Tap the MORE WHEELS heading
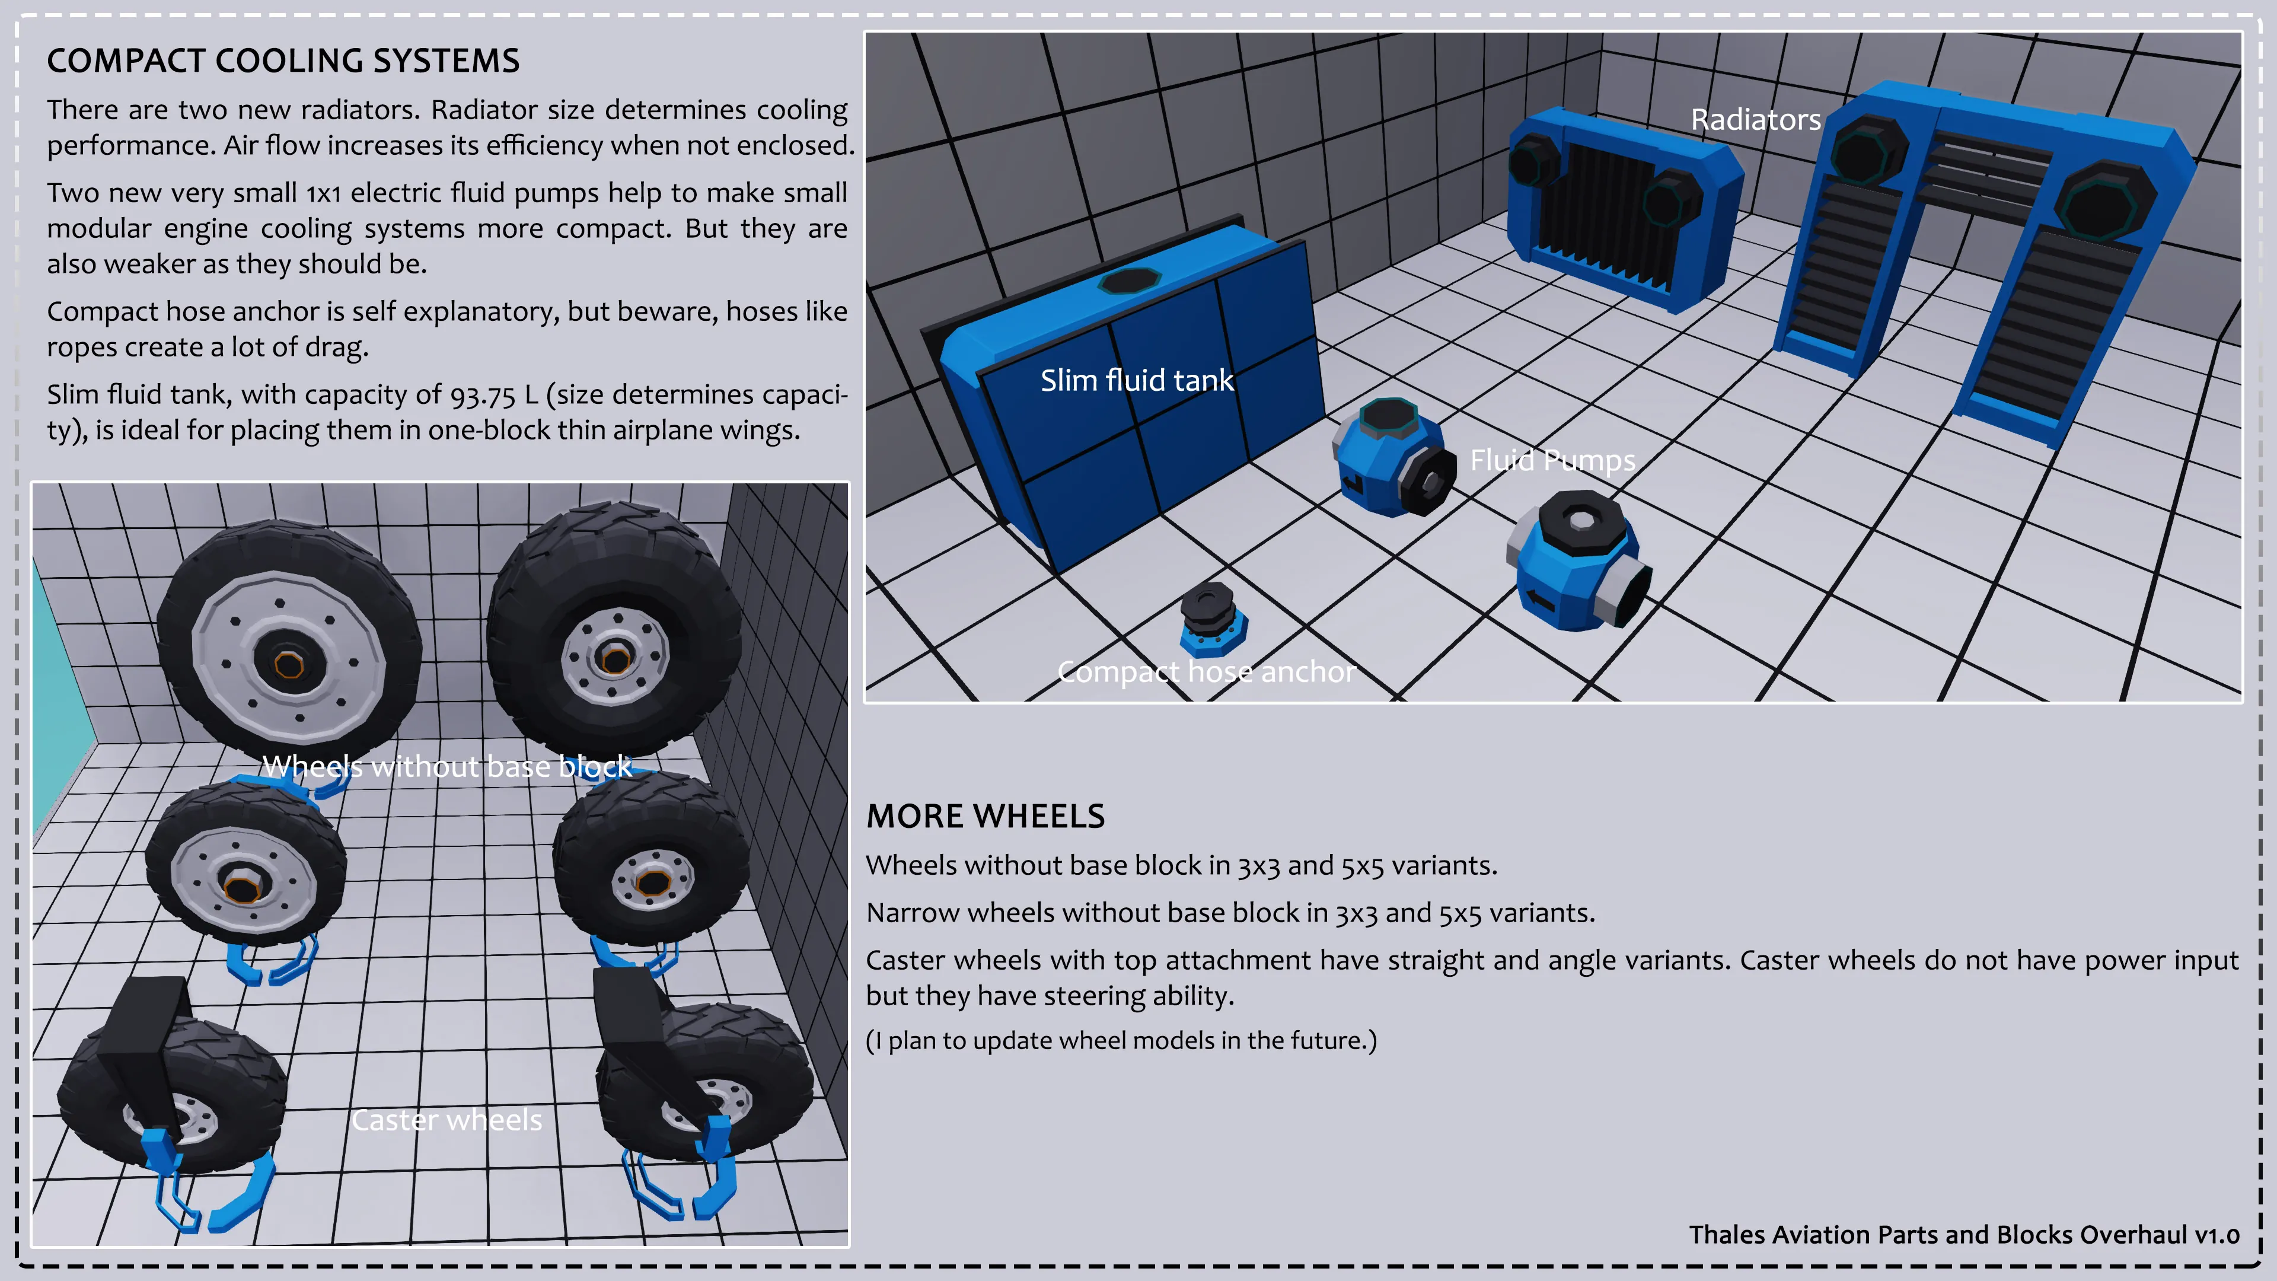985,816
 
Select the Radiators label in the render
1755,119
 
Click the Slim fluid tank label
1136,380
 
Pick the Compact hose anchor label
1206,672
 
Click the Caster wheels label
447,1120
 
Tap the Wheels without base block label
447,766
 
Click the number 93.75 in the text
483,395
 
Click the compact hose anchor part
1212,618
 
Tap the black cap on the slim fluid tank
1129,281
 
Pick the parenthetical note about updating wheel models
1121,1041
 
